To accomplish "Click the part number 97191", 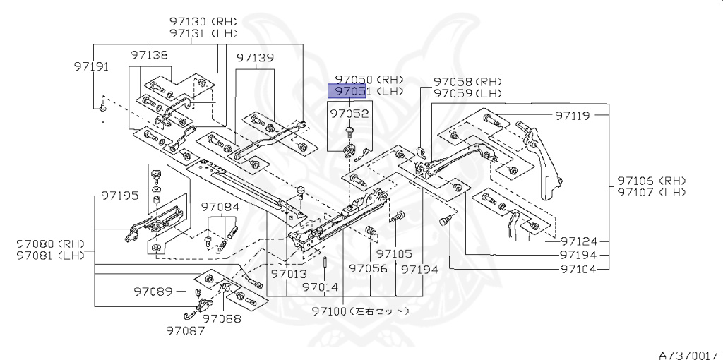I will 91,66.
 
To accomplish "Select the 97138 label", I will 149,54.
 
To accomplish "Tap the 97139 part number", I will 255,58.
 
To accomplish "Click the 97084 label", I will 220,208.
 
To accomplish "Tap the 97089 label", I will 153,290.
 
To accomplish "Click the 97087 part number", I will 186,329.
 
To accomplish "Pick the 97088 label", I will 221,319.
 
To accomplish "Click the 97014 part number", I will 320,287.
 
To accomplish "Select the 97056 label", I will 369,269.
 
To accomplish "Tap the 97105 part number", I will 394,253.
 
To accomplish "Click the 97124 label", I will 579,241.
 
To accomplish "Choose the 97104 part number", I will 579,269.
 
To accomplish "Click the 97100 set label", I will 360,311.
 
